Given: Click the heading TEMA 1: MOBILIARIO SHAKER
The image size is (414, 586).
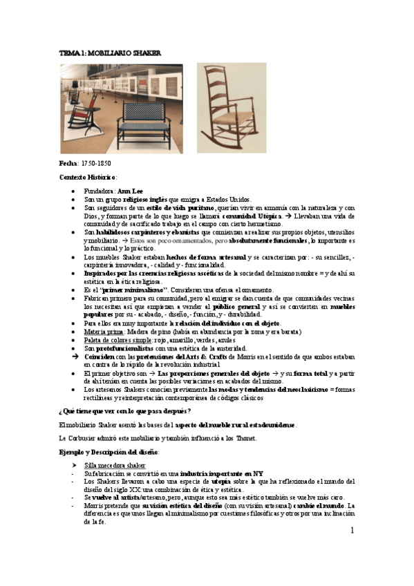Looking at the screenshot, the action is tap(101, 53).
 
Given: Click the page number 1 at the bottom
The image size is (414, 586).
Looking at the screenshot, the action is tap(351, 531).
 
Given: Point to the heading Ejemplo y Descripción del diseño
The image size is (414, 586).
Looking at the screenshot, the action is tap(109, 451).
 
